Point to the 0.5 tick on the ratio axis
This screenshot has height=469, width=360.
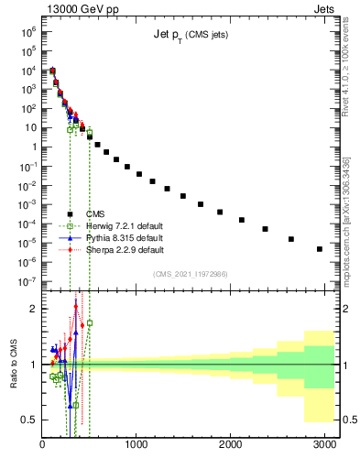(30, 420)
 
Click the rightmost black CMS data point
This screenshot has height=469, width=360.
(319, 248)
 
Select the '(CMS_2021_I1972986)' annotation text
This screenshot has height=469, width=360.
(190, 274)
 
